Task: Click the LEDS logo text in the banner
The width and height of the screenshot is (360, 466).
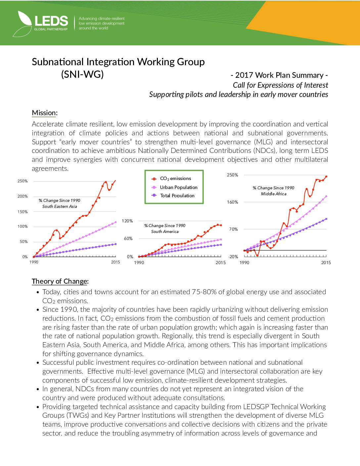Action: (51, 21)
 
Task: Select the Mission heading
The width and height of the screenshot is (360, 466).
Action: (45, 113)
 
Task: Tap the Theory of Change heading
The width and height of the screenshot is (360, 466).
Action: (60, 281)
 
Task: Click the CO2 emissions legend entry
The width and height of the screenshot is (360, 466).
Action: (171, 178)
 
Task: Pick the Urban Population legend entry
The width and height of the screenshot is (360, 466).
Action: (174, 187)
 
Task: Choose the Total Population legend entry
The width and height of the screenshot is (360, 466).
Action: (173, 195)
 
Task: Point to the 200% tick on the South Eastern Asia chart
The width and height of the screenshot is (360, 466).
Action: (22, 196)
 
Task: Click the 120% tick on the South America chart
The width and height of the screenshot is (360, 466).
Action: (127, 221)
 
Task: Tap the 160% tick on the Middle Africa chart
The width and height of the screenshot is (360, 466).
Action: (233, 202)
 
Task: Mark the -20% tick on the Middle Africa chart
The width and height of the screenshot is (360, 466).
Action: (233, 257)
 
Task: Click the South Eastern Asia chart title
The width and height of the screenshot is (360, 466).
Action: (59, 203)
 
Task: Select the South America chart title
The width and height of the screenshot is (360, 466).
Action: (165, 228)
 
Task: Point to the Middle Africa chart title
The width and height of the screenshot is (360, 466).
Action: (273, 191)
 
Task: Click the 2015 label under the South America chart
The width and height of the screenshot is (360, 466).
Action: (221, 262)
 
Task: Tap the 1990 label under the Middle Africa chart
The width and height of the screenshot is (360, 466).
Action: (244, 262)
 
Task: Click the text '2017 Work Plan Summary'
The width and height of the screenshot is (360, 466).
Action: (279, 75)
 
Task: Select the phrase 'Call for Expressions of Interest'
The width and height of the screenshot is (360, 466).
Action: (281, 85)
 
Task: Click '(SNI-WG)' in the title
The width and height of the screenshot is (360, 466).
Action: (82, 74)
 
